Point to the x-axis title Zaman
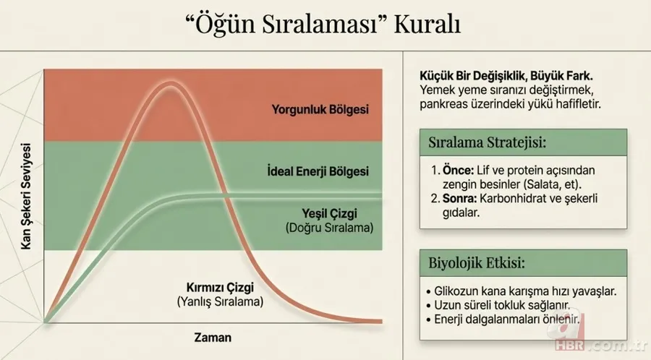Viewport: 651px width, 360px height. point(213,337)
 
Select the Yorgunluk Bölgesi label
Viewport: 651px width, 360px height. point(320,110)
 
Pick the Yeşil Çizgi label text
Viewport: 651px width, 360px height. point(329,213)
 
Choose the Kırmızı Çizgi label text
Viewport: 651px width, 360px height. point(219,286)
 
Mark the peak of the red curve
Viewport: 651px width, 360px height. point(171,85)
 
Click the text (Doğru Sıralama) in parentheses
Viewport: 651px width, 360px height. point(329,228)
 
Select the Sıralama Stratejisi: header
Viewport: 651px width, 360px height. point(486,140)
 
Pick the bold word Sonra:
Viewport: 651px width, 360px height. point(459,199)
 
